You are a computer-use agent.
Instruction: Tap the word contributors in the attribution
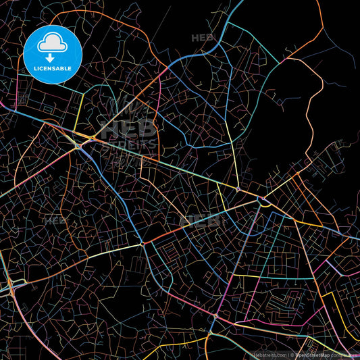click(345, 355)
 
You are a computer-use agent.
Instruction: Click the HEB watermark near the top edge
click(202, 38)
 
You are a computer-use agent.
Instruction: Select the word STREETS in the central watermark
click(129, 144)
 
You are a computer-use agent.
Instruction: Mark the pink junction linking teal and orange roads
click(215, 316)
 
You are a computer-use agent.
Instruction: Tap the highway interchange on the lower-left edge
click(12, 289)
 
